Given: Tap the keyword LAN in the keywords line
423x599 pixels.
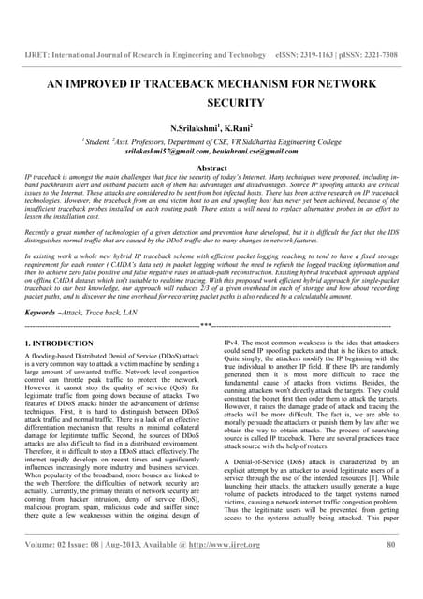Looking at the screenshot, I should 138,310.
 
